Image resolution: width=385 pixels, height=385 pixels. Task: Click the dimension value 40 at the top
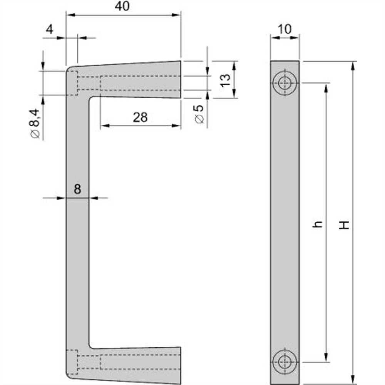[123, 7]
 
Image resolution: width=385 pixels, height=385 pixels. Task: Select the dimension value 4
[50, 29]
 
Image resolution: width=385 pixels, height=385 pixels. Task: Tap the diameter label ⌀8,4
[35, 123]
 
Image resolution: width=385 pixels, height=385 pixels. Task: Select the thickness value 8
[77, 189]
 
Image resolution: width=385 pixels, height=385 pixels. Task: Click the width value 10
[285, 29]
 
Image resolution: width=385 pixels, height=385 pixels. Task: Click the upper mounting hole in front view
[285, 83]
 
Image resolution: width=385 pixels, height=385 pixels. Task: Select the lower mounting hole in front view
[285, 362]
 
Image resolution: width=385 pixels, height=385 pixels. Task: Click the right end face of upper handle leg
[180, 79]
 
